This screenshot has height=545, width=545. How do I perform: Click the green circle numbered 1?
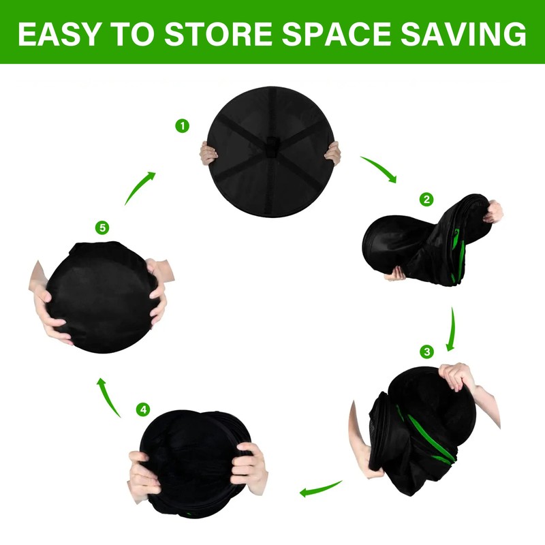point(181,126)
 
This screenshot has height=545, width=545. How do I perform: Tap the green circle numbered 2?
point(426,200)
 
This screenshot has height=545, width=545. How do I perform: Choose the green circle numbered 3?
point(427,352)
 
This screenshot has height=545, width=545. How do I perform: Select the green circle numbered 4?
point(142,409)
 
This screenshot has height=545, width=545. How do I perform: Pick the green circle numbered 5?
point(102,228)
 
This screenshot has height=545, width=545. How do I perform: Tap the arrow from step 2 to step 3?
point(450,329)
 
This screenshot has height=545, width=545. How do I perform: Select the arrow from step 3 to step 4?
point(322,488)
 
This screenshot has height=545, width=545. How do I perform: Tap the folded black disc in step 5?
point(95,296)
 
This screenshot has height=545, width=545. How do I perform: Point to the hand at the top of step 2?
point(494,211)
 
